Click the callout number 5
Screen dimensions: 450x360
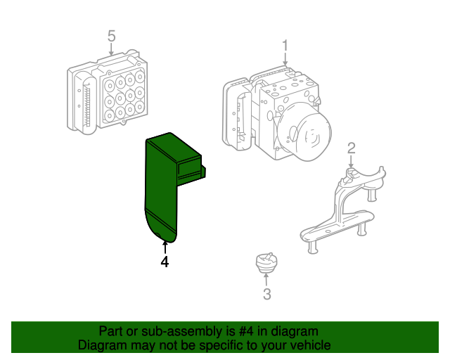coord(111,37)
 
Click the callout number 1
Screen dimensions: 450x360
coord(285,46)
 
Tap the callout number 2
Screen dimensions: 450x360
coord(352,148)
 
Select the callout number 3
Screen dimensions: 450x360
coord(267,295)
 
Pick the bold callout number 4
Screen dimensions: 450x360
coord(165,262)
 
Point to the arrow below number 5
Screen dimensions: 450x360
coord(111,49)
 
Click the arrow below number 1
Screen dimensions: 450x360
coord(285,59)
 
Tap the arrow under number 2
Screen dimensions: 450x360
coord(351,161)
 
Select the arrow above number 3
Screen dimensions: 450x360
coord(266,280)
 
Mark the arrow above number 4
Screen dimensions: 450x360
coord(165,247)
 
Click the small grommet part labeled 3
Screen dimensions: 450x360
coord(266,263)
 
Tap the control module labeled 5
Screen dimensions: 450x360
coord(108,92)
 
